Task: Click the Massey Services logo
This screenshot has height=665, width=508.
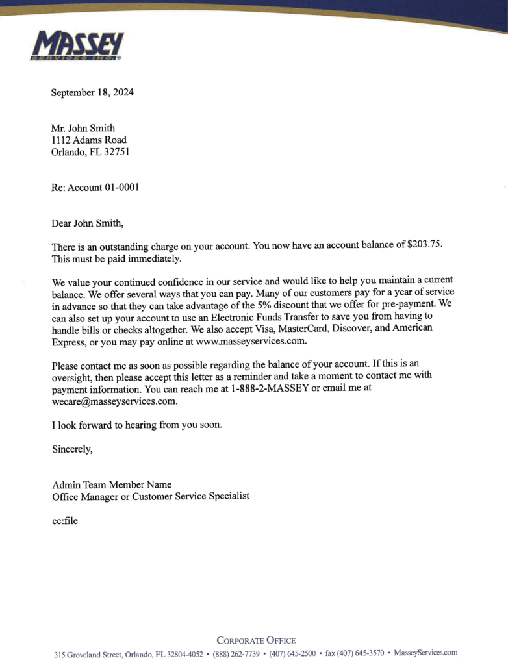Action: [77, 45]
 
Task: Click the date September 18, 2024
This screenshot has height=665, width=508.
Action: [92, 92]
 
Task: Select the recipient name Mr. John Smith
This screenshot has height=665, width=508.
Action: [83, 128]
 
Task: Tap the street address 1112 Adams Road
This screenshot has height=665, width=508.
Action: [89, 140]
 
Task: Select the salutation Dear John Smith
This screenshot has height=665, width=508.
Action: [86, 223]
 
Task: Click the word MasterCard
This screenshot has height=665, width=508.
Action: [305, 328]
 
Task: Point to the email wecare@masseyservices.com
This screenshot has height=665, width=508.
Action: [114, 401]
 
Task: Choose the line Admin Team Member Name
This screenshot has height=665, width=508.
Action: [111, 484]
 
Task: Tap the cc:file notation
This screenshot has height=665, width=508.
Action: [64, 520]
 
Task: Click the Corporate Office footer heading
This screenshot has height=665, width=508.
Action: [256, 640]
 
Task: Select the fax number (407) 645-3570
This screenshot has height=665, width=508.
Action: [355, 653]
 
